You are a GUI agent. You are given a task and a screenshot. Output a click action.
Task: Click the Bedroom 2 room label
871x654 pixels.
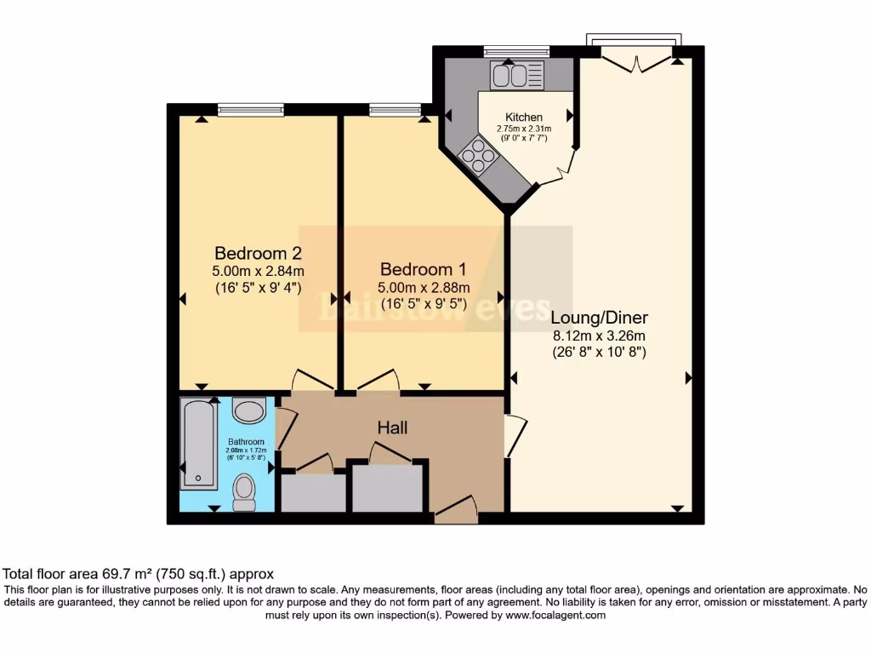coord(258,253)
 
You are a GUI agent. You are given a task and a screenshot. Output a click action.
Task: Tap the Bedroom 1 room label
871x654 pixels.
coord(424,267)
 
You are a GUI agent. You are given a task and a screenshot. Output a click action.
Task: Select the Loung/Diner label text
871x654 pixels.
coord(600,318)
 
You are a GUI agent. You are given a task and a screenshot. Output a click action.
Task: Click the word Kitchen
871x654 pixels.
coord(524,118)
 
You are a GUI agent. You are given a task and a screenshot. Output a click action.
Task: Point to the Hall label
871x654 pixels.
coord(392,427)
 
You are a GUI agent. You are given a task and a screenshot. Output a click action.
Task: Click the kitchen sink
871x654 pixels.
coord(516,77)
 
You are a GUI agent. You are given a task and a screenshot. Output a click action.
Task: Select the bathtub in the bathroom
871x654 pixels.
coord(198,444)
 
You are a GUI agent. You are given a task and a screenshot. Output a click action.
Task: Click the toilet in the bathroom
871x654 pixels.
coord(244,492)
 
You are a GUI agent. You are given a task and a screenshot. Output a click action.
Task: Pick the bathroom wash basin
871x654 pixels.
coord(249,412)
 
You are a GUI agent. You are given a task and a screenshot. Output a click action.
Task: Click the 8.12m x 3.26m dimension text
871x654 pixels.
coord(600,335)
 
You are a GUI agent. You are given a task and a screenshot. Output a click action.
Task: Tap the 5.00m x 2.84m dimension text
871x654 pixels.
coord(258,271)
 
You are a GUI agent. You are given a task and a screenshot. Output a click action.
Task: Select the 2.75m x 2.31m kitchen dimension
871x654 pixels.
coord(524,129)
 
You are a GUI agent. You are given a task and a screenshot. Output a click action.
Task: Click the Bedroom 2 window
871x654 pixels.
coord(250,109)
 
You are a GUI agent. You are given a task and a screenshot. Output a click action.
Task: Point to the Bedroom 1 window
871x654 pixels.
coord(396,109)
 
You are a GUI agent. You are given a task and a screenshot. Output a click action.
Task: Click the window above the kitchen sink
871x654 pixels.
coord(516,51)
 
